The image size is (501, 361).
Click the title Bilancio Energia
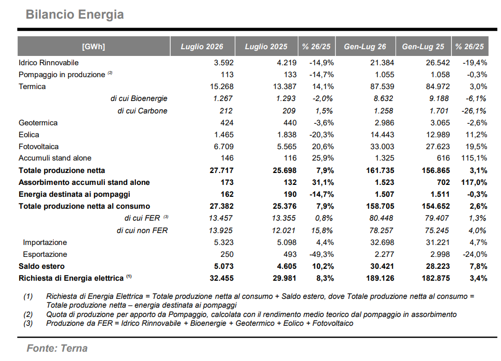(x=75, y=15)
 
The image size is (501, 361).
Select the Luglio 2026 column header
(x=202, y=47)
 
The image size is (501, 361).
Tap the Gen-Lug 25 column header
(x=423, y=47)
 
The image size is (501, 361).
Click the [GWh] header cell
(x=93, y=47)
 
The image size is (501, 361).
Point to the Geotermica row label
(x=38, y=123)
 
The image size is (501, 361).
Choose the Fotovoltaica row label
(x=39, y=147)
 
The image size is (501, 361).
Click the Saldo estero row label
(x=41, y=266)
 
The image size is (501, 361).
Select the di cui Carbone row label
(x=143, y=111)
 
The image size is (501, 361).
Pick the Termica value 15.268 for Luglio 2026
(x=222, y=86)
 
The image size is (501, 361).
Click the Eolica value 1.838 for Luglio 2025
(x=287, y=135)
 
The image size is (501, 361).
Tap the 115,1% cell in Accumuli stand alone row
(x=474, y=158)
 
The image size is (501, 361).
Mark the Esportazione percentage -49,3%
(x=322, y=254)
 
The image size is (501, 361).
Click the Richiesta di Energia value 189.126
(x=380, y=279)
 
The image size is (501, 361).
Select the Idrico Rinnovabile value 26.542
(x=438, y=63)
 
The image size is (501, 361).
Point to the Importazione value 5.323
(x=224, y=242)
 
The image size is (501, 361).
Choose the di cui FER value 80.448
(x=381, y=218)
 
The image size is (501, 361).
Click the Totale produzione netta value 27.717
(x=222, y=170)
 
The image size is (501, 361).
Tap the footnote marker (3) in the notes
(x=28, y=323)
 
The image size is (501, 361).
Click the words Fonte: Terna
(x=57, y=348)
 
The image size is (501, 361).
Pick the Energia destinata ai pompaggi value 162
(x=227, y=194)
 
